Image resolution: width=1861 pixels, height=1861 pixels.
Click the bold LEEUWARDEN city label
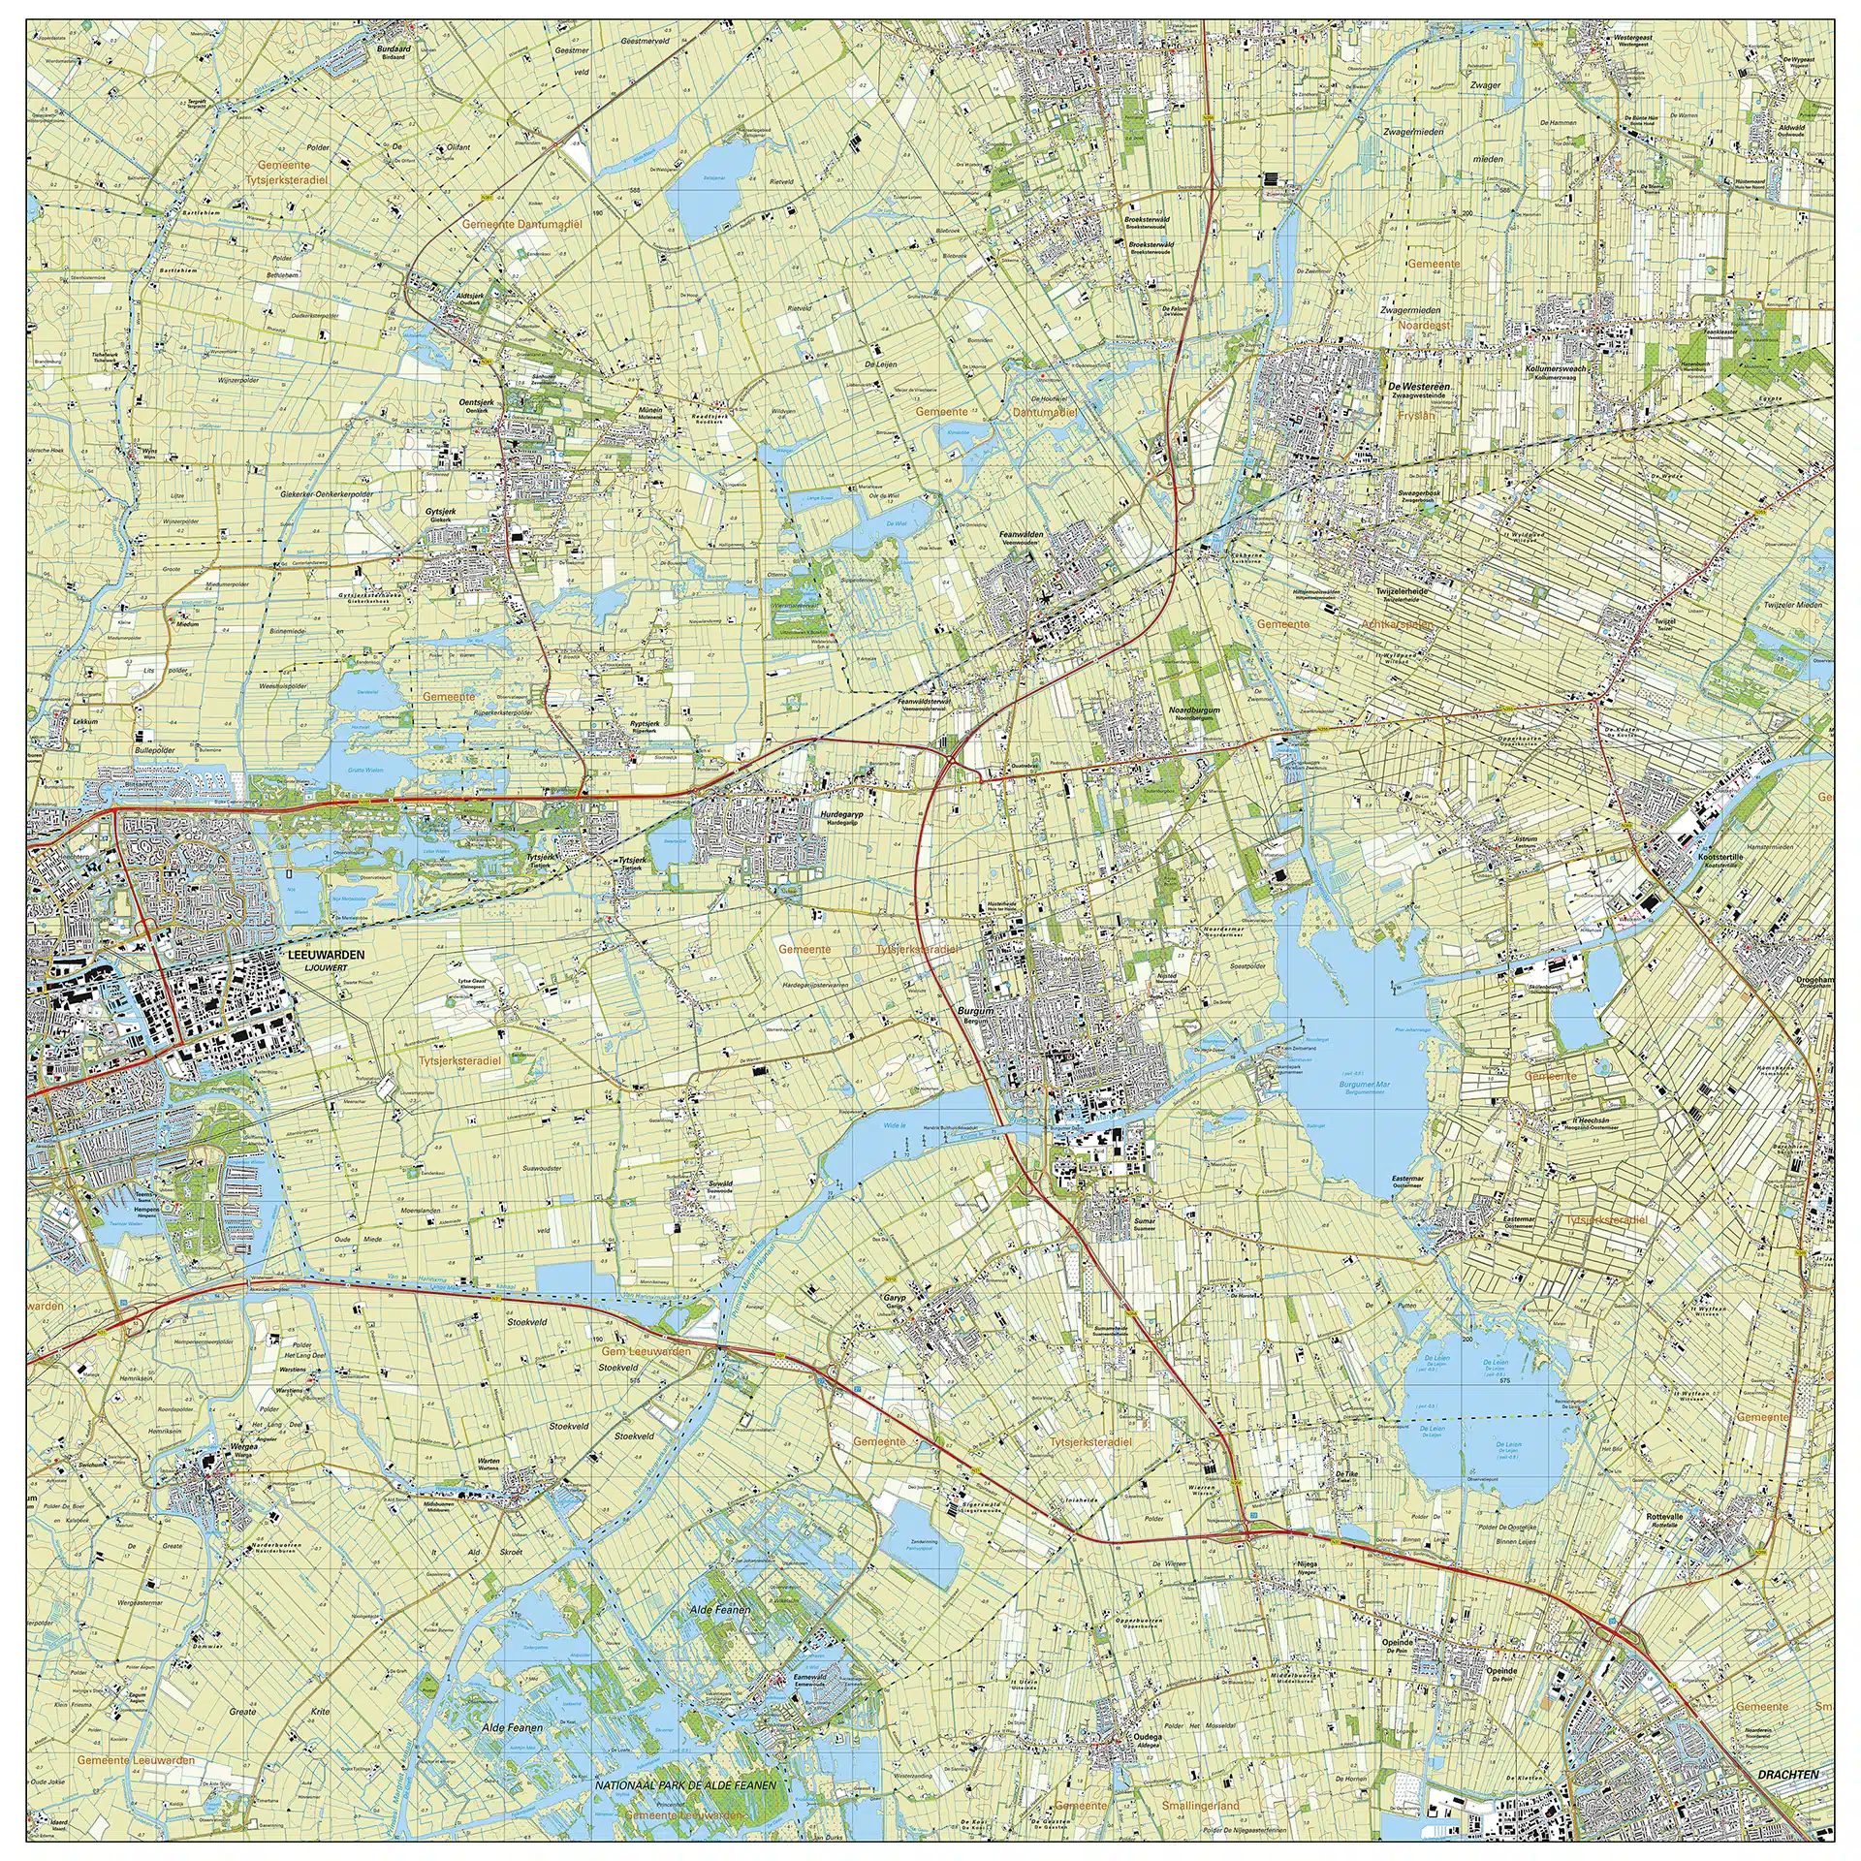(x=326, y=955)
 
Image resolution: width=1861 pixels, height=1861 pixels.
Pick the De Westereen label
(x=1419, y=386)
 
